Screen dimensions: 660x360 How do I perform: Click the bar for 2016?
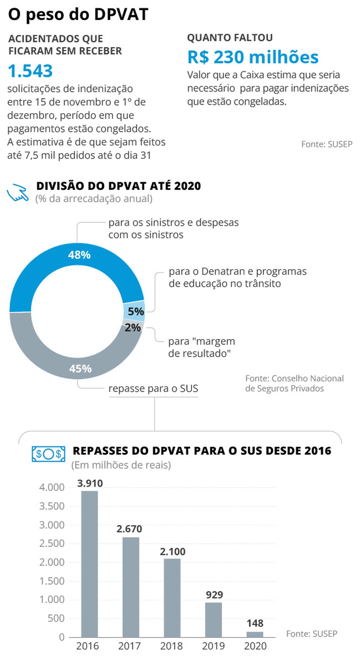coord(89,564)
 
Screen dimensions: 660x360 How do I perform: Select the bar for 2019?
coord(213,619)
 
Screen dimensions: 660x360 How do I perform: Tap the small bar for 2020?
coord(255,634)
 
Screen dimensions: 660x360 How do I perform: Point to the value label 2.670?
coord(129,529)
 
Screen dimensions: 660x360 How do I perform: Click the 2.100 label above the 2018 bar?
coord(172,551)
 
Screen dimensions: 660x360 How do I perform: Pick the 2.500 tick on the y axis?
coord(52,543)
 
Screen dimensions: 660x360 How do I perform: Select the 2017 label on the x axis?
coord(129,646)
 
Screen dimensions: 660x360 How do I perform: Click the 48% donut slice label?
coord(79,255)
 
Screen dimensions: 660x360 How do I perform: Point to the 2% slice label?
coord(132,327)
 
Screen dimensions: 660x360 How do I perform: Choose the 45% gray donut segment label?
coord(80,368)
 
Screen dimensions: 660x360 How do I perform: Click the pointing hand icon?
coord(18,192)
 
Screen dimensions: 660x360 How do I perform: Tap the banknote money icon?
coord(48,454)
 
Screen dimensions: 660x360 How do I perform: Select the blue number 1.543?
coord(30,71)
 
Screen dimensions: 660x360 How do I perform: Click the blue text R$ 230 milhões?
coord(253,57)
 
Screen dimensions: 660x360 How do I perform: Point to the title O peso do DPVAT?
coord(78,14)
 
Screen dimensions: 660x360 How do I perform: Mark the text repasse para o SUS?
coord(153,388)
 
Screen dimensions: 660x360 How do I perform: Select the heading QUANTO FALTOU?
coord(229,38)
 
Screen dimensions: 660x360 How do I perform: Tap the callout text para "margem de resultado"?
coord(201,347)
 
